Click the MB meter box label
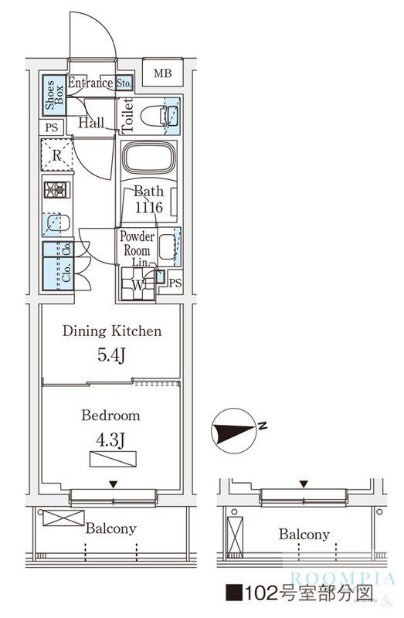[163, 73]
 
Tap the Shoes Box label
[54, 95]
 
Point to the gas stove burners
[56, 190]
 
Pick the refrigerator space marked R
[57, 155]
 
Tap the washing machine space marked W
[137, 284]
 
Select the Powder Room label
[137, 243]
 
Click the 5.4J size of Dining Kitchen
[111, 355]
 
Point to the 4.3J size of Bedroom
[110, 440]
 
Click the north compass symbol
[233, 431]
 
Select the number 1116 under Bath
[148, 207]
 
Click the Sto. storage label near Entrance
[124, 83]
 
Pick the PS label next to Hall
[52, 127]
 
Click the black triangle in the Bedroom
[114, 484]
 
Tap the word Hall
[91, 123]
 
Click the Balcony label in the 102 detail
[304, 535]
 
